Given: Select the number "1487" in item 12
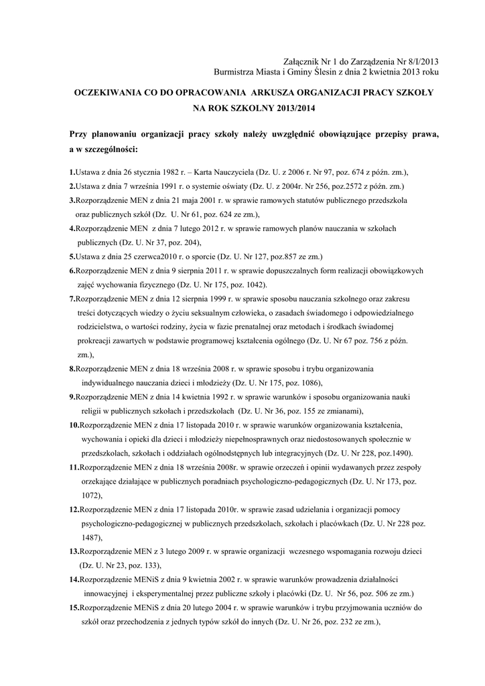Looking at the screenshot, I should pos(92,537).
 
